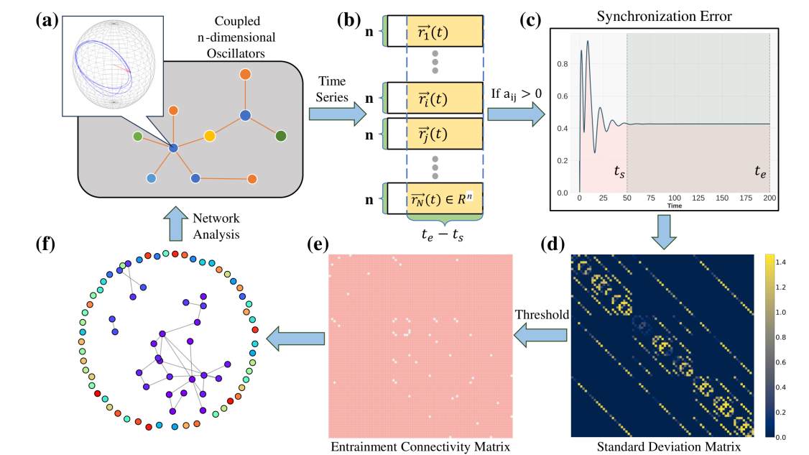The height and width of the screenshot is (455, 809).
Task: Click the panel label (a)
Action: [47, 21]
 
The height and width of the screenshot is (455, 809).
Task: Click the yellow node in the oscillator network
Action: [210, 136]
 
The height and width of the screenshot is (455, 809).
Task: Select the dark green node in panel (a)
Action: [281, 136]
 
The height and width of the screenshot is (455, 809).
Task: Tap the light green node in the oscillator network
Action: [137, 137]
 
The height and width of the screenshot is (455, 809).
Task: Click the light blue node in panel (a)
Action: [151, 178]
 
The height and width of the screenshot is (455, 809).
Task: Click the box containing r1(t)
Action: [435, 31]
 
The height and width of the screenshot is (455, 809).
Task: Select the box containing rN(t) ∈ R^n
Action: [435, 198]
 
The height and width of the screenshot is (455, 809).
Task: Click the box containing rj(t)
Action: [435, 134]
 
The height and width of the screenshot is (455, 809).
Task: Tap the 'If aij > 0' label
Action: [516, 94]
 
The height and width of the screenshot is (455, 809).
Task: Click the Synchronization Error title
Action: [664, 16]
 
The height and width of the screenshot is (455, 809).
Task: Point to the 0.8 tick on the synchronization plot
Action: [563, 64]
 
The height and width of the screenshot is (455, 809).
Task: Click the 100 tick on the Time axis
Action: [675, 198]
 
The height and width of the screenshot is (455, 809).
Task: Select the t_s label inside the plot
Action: [619, 172]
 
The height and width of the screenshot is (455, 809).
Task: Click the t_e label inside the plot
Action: [760, 172]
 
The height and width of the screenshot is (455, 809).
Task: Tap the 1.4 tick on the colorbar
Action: [781, 262]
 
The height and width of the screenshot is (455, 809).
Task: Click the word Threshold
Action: [542, 315]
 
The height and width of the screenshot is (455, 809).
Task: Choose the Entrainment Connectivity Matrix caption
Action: [420, 447]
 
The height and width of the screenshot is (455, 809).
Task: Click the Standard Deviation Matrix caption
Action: [669, 447]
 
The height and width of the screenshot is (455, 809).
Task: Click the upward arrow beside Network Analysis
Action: [176, 223]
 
